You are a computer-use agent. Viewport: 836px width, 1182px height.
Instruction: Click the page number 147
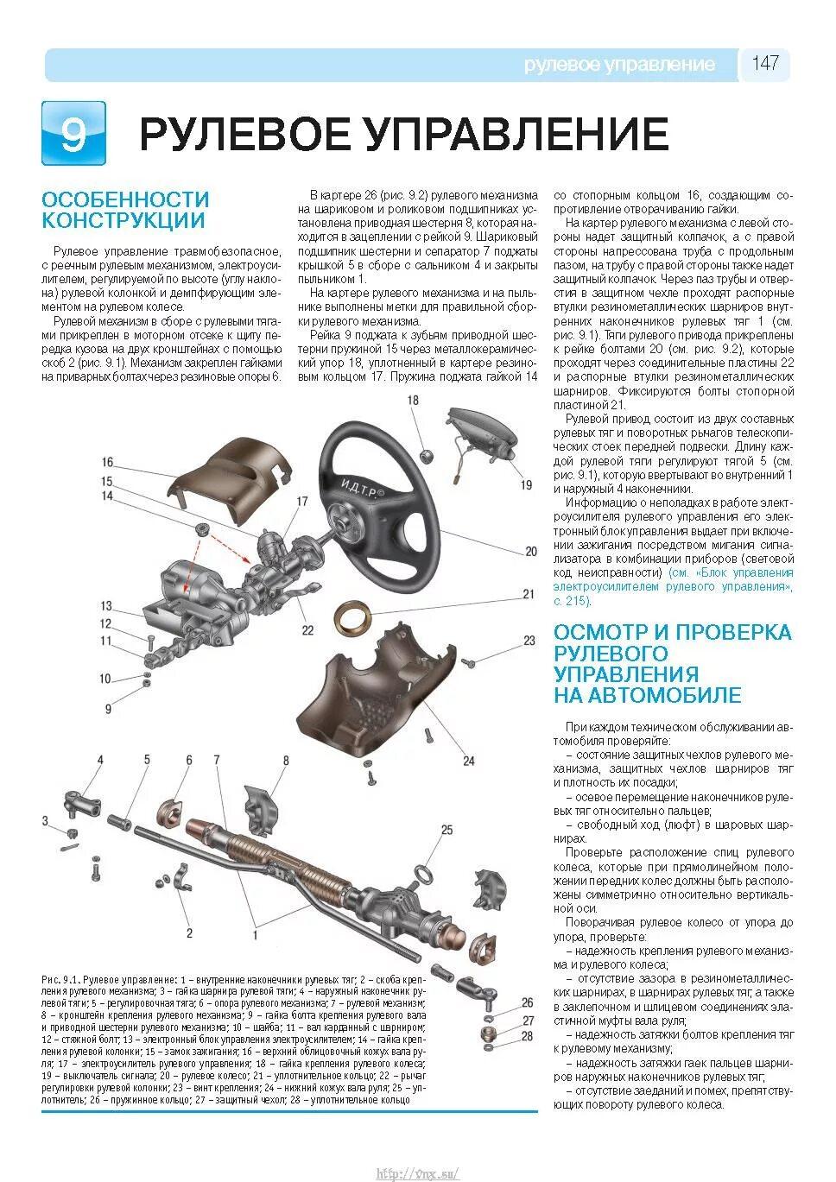tap(765, 64)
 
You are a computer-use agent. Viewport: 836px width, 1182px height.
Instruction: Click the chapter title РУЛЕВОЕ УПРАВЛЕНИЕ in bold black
tap(403, 134)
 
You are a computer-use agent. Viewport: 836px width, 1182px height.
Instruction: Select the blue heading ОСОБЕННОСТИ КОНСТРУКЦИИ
tap(125, 210)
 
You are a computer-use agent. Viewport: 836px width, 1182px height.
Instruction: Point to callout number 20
tap(530, 552)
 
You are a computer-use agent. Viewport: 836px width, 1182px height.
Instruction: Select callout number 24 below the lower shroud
tap(469, 761)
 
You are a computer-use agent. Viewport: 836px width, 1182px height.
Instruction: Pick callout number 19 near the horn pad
tap(526, 485)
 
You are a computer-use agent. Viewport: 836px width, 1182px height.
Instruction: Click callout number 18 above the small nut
tap(413, 401)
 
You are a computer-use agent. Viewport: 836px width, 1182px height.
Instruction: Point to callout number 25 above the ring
tap(446, 831)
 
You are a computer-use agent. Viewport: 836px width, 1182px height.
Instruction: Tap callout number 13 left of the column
tap(106, 606)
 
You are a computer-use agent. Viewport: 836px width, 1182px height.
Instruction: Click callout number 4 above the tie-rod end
tap(99, 760)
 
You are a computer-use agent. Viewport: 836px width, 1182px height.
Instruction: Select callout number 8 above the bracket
tap(285, 760)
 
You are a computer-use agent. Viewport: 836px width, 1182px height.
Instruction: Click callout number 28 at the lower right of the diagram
tap(527, 1036)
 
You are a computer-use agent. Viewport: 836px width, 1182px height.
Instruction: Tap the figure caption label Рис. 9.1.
tap(60, 981)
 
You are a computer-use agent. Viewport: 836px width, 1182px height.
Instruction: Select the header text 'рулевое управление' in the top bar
tap(619, 65)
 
